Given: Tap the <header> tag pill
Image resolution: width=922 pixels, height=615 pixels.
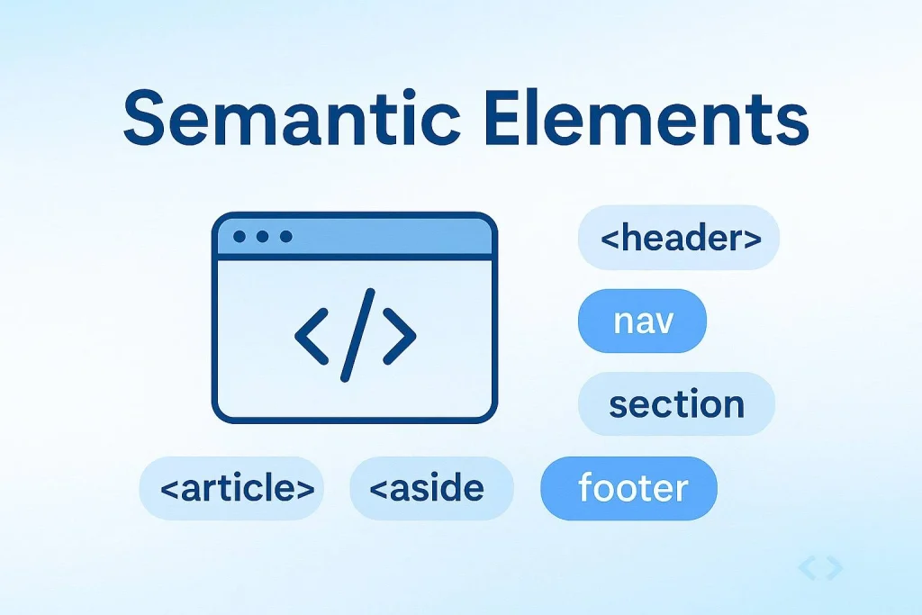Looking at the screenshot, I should [x=679, y=239].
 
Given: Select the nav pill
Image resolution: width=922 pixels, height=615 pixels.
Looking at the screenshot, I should [x=643, y=321].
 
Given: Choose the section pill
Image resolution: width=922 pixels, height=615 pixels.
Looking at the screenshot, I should [x=676, y=404].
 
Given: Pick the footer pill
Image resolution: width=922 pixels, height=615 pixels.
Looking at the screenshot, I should [x=629, y=488].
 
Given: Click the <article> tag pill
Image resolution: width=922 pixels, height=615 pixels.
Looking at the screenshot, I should [x=231, y=488].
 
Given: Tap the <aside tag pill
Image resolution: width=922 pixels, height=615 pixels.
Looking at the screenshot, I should [x=431, y=488].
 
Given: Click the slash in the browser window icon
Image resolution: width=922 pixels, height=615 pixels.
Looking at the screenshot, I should [x=356, y=334].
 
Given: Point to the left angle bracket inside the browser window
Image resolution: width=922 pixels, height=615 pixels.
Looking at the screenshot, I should [x=311, y=334].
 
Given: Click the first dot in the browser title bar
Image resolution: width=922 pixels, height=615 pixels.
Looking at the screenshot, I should [x=240, y=237].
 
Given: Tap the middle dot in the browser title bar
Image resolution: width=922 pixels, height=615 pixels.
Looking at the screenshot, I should [x=263, y=237].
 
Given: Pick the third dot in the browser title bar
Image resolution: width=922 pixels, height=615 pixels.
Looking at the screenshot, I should [x=286, y=237].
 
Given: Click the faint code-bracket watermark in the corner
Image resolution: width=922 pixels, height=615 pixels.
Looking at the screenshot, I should [x=819, y=567].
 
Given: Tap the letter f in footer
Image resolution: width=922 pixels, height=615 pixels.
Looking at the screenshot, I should [x=586, y=487].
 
